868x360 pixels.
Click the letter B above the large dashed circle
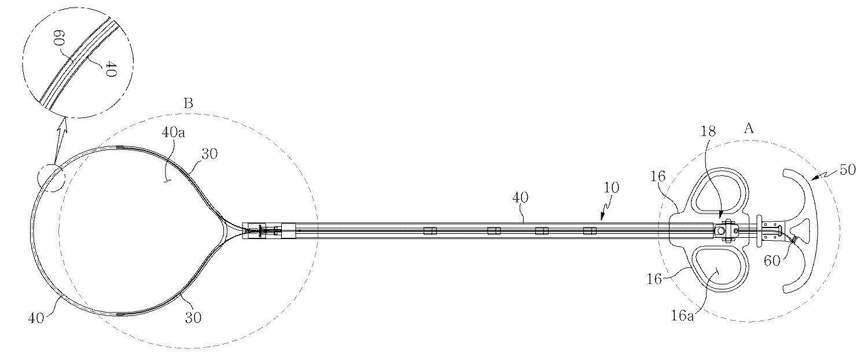(x=188, y=104)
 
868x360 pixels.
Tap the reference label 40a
(x=173, y=133)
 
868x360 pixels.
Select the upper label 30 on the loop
(x=209, y=154)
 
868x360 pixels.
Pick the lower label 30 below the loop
(x=193, y=318)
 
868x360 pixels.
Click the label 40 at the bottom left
(x=36, y=318)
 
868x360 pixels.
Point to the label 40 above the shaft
(x=520, y=197)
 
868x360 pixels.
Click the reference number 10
(x=611, y=188)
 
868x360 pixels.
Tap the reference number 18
(x=708, y=131)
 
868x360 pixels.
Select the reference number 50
(x=848, y=170)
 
